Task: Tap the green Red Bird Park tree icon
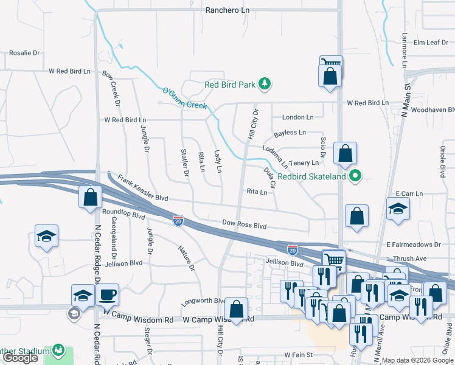pos(265,84)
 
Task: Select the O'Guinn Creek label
pos(185,99)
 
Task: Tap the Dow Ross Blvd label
pos(244,225)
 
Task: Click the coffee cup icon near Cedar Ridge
pos(108,295)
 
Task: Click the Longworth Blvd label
pos(203,301)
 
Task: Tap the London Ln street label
pos(297,117)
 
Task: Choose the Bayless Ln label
pos(290,132)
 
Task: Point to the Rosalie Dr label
pos(24,53)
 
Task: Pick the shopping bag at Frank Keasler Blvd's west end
pos(90,197)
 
